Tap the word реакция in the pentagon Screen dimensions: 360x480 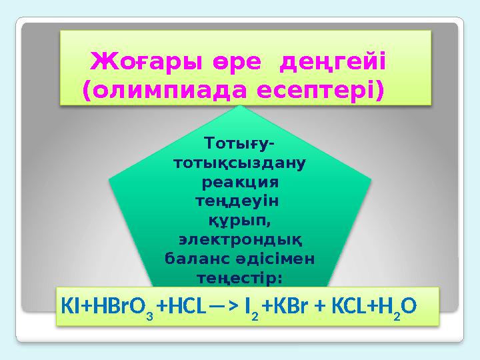tap(239, 181)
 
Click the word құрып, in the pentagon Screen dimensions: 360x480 tap(239, 219)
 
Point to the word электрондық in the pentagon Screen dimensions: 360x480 tap(239, 237)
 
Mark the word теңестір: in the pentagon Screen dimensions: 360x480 tap(239, 275)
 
